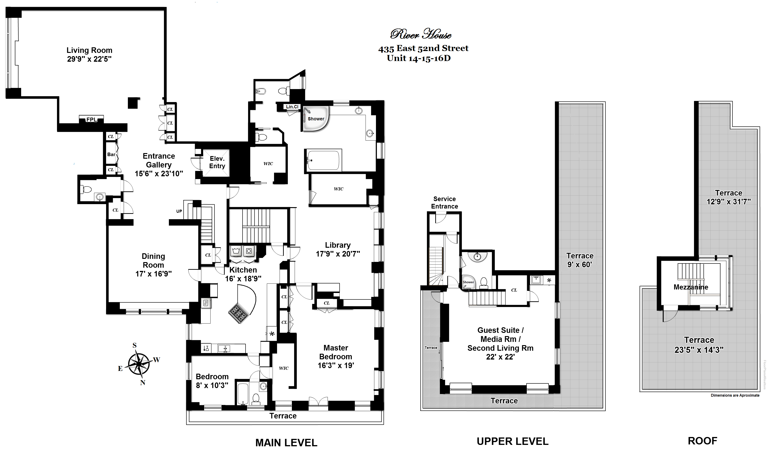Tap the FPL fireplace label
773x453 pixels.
(x=91, y=119)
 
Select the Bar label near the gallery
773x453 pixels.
(x=111, y=154)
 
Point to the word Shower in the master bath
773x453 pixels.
(x=316, y=119)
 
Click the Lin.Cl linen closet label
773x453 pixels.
(x=292, y=107)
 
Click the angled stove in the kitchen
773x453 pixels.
(x=239, y=313)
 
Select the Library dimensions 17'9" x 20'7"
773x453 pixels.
(x=338, y=254)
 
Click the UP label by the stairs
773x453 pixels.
(x=179, y=211)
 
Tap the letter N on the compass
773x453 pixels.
(x=143, y=383)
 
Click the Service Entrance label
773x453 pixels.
(x=445, y=203)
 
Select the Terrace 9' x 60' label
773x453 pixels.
(x=580, y=260)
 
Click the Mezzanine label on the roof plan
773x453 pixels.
(x=691, y=287)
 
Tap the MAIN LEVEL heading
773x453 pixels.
(x=286, y=443)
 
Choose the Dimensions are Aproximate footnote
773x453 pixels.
(x=735, y=395)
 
